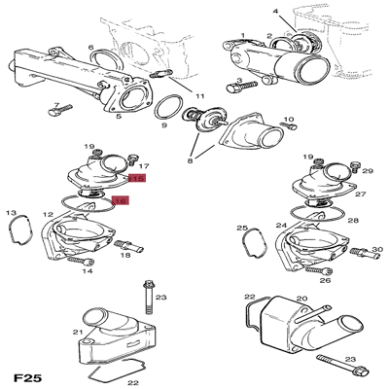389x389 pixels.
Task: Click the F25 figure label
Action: point(28,375)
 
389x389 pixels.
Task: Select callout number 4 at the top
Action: point(275,12)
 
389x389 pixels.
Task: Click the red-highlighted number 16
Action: point(122,201)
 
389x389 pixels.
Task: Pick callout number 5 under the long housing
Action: point(118,117)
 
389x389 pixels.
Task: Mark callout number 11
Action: point(199,97)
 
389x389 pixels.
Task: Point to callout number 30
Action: point(376,250)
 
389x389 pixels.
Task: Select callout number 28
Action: point(353,222)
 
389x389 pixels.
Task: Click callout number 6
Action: point(91,47)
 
